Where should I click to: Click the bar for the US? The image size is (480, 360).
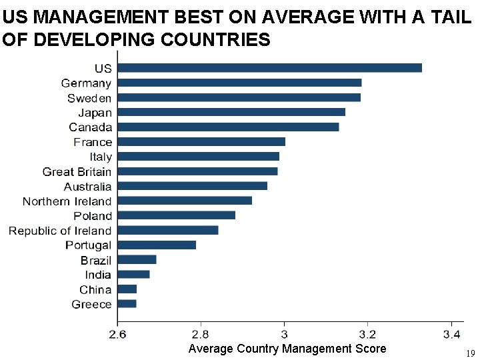tap(269, 68)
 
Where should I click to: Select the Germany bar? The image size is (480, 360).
tap(239, 83)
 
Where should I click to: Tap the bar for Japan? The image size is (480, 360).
tap(231, 112)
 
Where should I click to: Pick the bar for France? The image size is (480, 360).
tap(201, 141)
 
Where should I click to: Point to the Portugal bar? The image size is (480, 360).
tap(157, 245)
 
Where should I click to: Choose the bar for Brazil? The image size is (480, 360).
tap(137, 259)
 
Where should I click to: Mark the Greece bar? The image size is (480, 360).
tap(127, 304)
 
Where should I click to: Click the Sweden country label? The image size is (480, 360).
tap(89, 98)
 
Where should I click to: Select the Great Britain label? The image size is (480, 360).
tap(77, 172)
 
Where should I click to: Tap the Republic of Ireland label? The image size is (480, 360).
tap(60, 231)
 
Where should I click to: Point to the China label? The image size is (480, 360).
tap(95, 289)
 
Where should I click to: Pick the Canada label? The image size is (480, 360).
tap(91, 127)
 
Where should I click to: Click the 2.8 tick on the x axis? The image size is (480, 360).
tap(201, 333)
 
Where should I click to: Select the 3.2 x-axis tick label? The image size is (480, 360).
tap(368, 333)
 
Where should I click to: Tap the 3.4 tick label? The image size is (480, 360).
tap(452, 333)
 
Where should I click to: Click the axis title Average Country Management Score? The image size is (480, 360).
tap(287, 349)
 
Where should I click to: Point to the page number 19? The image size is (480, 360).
tap(470, 353)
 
